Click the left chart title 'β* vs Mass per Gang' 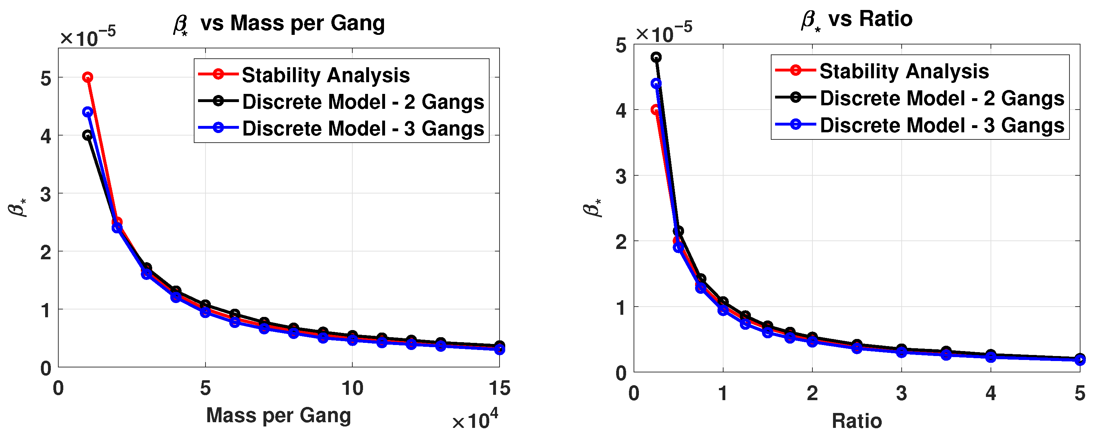click(279, 23)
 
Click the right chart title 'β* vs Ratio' click(856, 20)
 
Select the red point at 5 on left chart click(87, 77)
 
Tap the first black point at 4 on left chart click(87, 135)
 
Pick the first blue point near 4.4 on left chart click(87, 112)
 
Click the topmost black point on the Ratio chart click(656, 57)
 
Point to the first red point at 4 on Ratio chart click(655, 110)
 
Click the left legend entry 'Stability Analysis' click(325, 75)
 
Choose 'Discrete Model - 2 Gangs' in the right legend click(941, 98)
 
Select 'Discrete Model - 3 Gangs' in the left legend click(363, 128)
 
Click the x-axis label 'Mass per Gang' click(279, 415)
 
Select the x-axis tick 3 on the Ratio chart click(901, 393)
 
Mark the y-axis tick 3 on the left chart click(46, 194)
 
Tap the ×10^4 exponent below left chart click(474, 420)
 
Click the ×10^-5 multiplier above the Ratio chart click(663, 32)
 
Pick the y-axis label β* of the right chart click(592, 208)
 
